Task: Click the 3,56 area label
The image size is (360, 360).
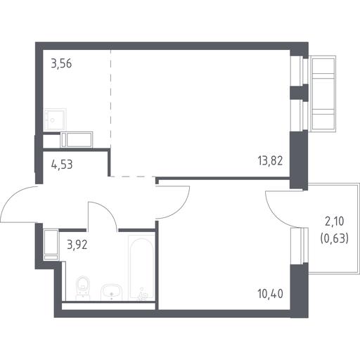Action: pyautogui.click(x=61, y=64)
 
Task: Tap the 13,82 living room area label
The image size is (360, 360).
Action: pyautogui.click(x=270, y=161)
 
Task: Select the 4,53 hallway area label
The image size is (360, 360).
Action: pyautogui.click(x=62, y=165)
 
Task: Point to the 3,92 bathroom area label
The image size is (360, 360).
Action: pyautogui.click(x=77, y=245)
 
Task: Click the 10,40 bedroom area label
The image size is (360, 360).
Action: pyautogui.click(x=270, y=294)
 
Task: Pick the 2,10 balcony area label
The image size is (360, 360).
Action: pyautogui.click(x=334, y=221)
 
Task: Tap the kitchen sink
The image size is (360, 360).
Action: pyautogui.click(x=55, y=120)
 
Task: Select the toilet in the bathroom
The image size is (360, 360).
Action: pyautogui.click(x=83, y=288)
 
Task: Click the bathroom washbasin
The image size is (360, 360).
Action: pyautogui.click(x=111, y=292)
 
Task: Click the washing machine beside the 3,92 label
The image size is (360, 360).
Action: pyautogui.click(x=51, y=245)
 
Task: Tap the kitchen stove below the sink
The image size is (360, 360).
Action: pyautogui.click(x=77, y=140)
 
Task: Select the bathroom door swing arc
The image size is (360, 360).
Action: pyautogui.click(x=107, y=210)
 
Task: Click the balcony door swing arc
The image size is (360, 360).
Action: pyautogui.click(x=274, y=213)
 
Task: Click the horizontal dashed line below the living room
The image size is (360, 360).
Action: pyautogui.click(x=133, y=176)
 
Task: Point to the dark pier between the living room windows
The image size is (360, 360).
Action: pyautogui.click(x=299, y=93)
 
